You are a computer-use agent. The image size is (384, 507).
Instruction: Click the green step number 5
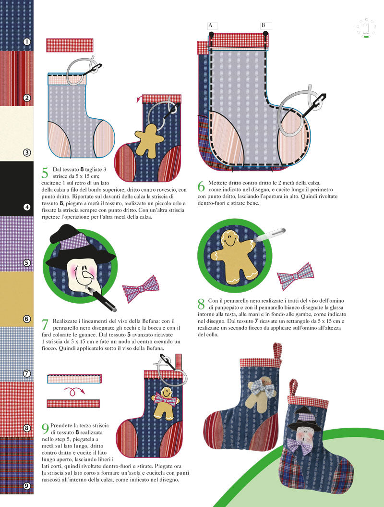coord(45,173)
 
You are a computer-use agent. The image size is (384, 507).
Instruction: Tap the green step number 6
coord(201,186)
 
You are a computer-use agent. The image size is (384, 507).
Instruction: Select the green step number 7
coord(45,324)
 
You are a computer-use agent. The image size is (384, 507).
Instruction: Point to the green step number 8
coord(201,304)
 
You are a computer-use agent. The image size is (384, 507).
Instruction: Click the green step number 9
coord(45,429)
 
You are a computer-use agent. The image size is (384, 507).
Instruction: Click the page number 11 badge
coord(366,28)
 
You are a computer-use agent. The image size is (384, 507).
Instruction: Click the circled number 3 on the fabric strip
coord(27,152)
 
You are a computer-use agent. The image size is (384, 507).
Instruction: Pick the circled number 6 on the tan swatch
coord(27,319)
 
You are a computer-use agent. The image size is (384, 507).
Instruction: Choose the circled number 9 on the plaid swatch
coord(27,486)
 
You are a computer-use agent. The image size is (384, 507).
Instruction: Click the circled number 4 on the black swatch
coord(27,207)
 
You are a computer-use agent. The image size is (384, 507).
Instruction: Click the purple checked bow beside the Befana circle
coord(141,289)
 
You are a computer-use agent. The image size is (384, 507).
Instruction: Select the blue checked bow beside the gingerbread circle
coord(296,276)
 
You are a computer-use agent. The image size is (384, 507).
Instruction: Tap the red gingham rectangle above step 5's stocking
coord(70,45)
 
